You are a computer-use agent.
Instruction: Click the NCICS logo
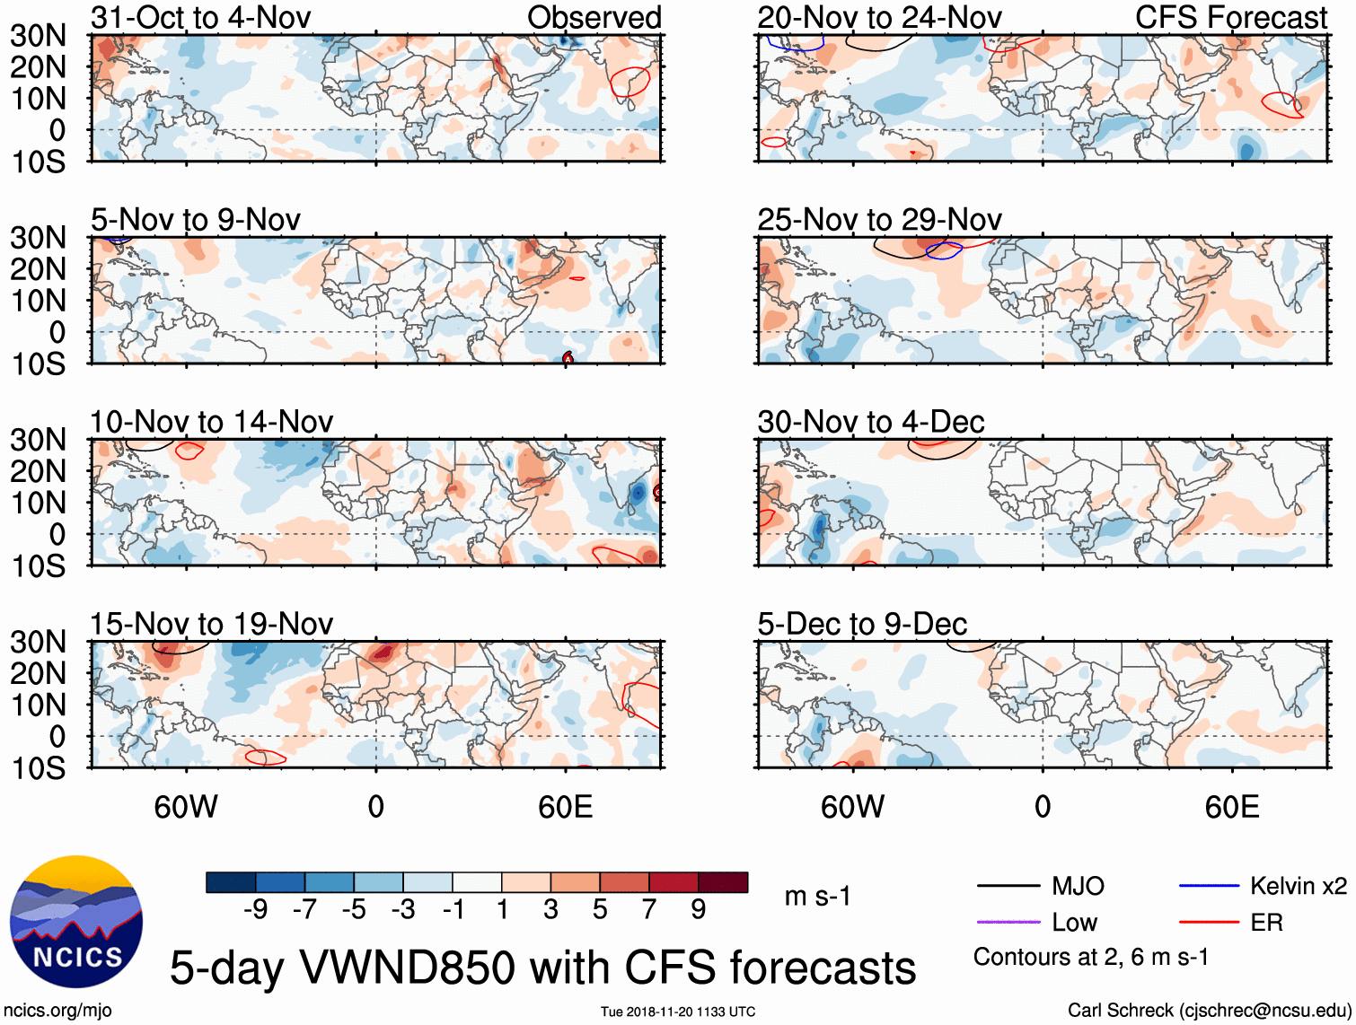[x=76, y=922]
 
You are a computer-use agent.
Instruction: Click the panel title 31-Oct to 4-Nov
[x=200, y=17]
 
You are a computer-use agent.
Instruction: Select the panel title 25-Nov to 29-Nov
[x=879, y=219]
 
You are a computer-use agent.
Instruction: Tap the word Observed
[x=594, y=17]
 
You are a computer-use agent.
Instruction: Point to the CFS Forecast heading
[x=1230, y=17]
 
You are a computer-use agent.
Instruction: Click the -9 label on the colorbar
[x=255, y=910]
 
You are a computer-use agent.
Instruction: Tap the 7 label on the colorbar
[x=649, y=910]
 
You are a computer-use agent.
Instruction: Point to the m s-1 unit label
[x=817, y=896]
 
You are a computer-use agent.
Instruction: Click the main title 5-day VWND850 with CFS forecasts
[x=542, y=968]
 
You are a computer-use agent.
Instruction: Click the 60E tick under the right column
[x=1231, y=807]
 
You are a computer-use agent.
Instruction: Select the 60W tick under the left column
[x=186, y=807]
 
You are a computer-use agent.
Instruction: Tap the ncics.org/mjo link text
[x=57, y=1011]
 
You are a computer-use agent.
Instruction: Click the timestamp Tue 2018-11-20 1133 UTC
[x=678, y=1012]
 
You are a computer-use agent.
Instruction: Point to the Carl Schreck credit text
[x=1209, y=1011]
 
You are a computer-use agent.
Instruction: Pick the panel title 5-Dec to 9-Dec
[x=862, y=624]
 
